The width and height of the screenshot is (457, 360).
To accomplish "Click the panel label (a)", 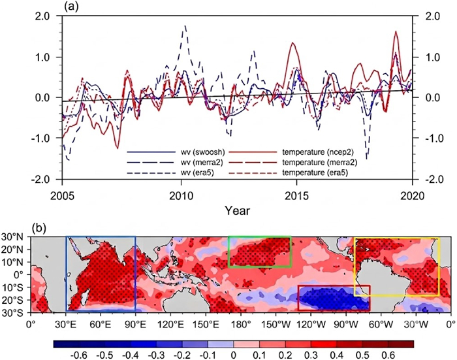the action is pyautogui.click(x=72, y=7).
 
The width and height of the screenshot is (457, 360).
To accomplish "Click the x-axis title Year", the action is pyautogui.click(x=237, y=210).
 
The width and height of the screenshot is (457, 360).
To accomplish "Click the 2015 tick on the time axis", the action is pyautogui.click(x=296, y=196).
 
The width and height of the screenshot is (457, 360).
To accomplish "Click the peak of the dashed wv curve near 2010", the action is pyautogui.click(x=185, y=25).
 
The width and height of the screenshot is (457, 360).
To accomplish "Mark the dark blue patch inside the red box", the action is pyautogui.click(x=334, y=299).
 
